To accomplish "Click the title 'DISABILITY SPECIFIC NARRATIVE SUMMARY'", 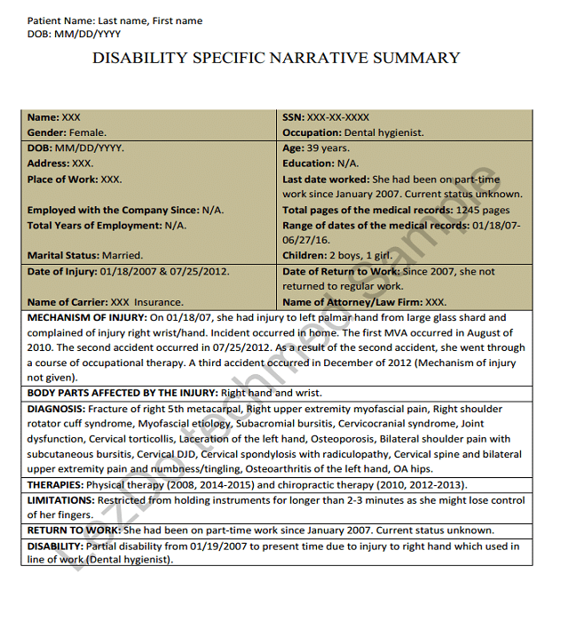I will [276, 59].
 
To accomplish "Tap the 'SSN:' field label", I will [294, 117].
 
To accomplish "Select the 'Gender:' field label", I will [48, 132].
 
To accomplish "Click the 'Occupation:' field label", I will [312, 132].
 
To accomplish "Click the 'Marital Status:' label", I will [63, 256].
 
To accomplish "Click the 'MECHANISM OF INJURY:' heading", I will [87, 317].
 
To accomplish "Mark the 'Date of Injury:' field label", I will [62, 272].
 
